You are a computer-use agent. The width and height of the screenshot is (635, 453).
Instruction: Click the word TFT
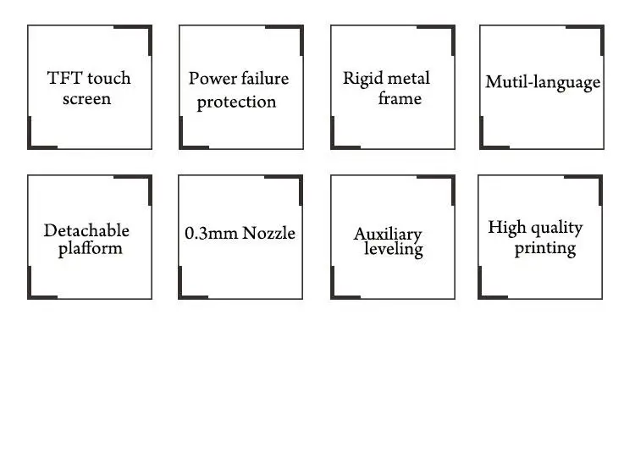point(65,78)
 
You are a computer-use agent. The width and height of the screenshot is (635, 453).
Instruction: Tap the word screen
point(86,99)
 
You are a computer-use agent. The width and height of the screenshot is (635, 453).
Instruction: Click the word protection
point(236,102)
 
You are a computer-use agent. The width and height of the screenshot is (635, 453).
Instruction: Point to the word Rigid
point(362,79)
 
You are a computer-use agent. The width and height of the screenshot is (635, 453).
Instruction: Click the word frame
point(400,98)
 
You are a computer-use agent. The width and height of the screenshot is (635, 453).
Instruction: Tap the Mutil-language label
point(543,83)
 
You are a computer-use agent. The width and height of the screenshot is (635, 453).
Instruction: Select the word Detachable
point(86,230)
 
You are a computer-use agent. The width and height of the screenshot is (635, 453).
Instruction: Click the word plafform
point(90,249)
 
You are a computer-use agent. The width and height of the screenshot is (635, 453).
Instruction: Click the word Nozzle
point(268,233)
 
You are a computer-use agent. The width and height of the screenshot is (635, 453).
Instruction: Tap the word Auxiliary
point(388,235)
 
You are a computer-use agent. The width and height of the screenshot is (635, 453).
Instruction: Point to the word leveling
point(394,250)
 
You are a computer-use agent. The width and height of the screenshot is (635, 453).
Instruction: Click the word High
point(507,228)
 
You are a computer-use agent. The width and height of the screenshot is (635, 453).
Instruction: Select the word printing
point(545,249)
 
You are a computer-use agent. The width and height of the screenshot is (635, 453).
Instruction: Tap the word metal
point(407,79)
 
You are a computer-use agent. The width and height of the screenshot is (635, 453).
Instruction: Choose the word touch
point(109,79)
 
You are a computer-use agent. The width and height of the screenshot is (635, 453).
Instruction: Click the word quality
point(557,229)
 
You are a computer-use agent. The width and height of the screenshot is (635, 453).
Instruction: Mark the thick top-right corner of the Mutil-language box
point(602,28)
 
